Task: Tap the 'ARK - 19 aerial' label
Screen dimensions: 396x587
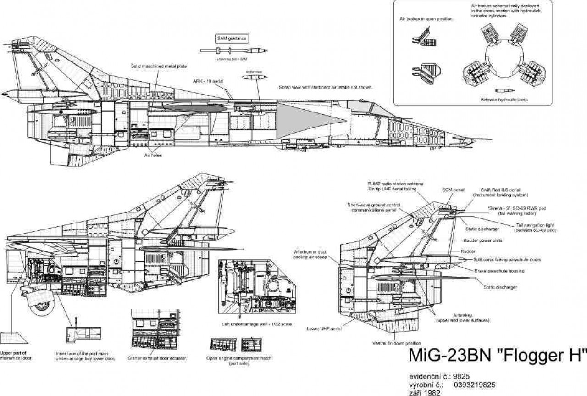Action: (x=208, y=80)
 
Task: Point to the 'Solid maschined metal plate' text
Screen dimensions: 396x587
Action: (x=159, y=67)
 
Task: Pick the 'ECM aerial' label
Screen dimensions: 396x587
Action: (x=453, y=189)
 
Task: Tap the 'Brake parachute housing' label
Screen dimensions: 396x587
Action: (x=499, y=271)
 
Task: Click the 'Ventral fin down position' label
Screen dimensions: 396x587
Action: (x=397, y=343)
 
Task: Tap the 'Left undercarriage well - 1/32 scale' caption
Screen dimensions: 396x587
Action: (x=257, y=324)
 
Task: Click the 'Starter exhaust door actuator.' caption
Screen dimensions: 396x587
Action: (x=156, y=358)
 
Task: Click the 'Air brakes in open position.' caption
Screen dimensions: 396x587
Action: (x=426, y=19)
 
